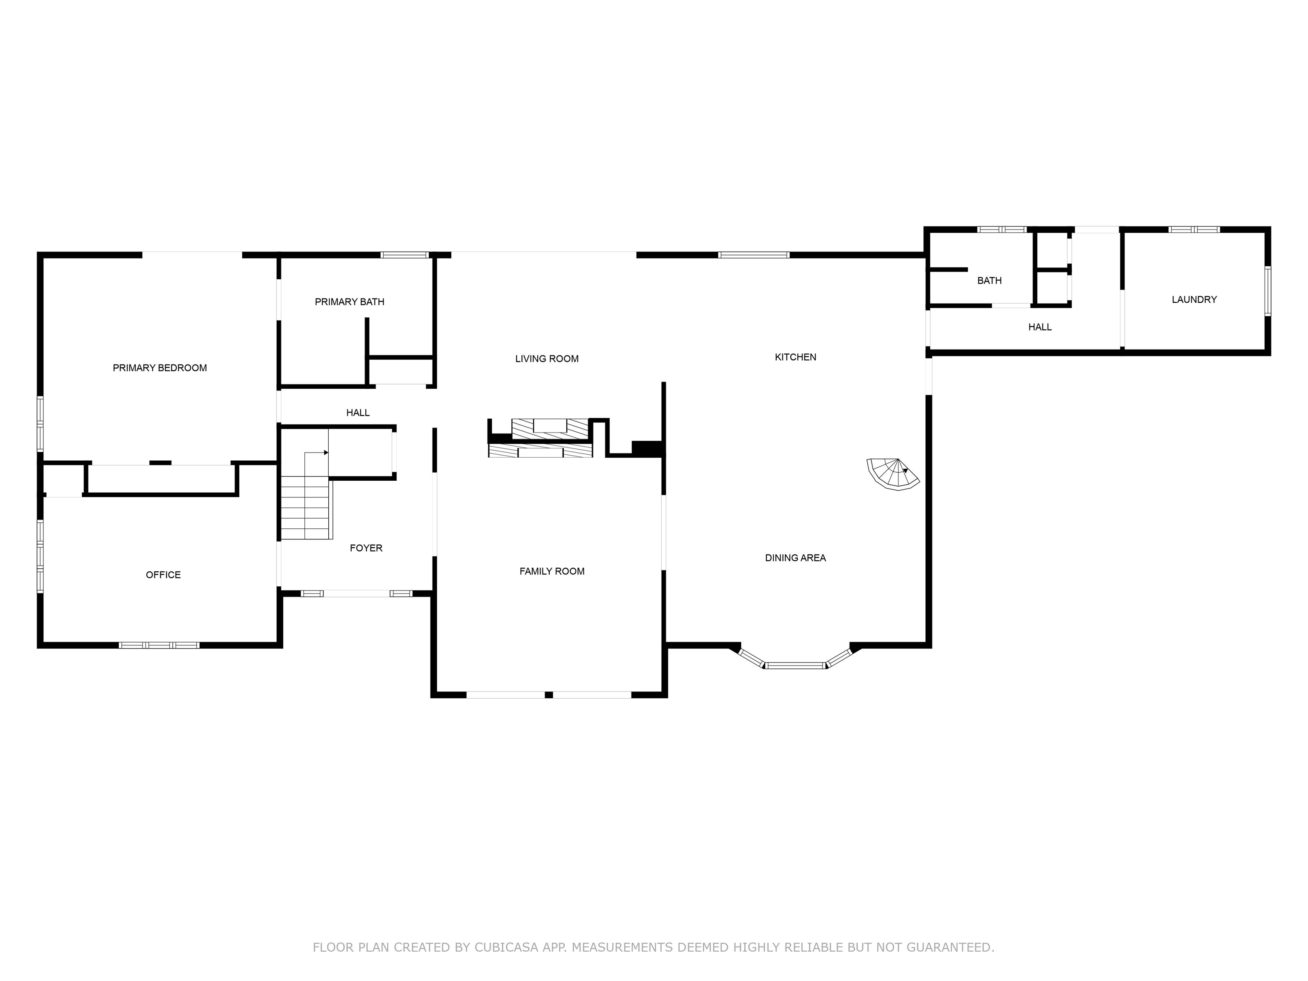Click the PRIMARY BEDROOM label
pyautogui.click(x=160, y=368)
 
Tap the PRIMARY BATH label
pyautogui.click(x=350, y=301)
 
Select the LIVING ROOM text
pyautogui.click(x=547, y=359)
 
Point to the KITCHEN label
pyautogui.click(x=795, y=356)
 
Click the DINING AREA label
pyautogui.click(x=795, y=558)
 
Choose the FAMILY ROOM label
pyautogui.click(x=552, y=571)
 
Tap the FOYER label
pyautogui.click(x=366, y=548)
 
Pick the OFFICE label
pyautogui.click(x=163, y=575)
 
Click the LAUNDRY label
pyautogui.click(x=1194, y=299)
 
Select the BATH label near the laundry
pyautogui.click(x=989, y=280)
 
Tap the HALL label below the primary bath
pyautogui.click(x=358, y=413)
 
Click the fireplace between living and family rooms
pyautogui.click(x=540, y=438)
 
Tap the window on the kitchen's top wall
pyautogui.click(x=754, y=255)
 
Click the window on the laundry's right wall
pyautogui.click(x=1267, y=290)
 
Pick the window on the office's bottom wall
pyautogui.click(x=159, y=645)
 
